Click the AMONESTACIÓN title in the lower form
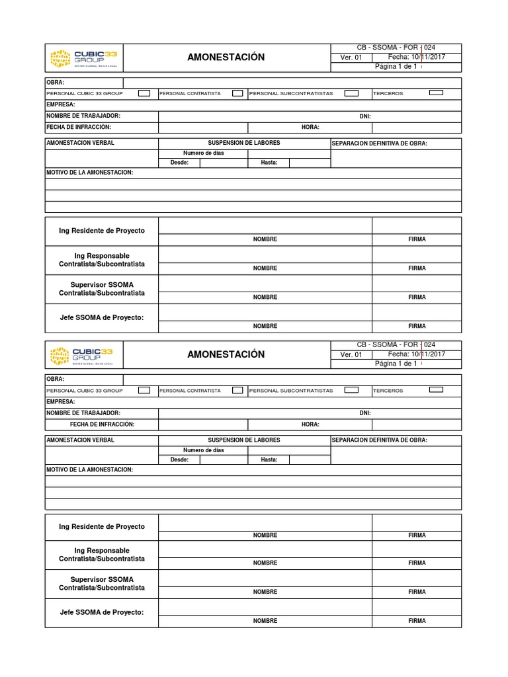click(x=226, y=354)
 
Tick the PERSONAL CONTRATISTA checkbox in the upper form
click(x=237, y=93)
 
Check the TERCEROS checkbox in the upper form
click(x=436, y=93)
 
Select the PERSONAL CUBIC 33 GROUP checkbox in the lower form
click(x=144, y=391)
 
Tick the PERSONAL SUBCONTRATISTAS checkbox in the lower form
click(x=352, y=390)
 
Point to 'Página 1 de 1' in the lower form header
click(x=396, y=364)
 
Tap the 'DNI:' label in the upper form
click(x=365, y=116)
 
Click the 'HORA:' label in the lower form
click(x=310, y=424)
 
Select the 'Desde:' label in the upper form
click(x=179, y=163)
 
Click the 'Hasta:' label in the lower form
click(x=269, y=459)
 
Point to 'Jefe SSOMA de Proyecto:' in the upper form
click(x=101, y=318)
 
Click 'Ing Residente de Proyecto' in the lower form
click(x=101, y=527)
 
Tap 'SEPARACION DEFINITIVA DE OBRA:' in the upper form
click(x=379, y=143)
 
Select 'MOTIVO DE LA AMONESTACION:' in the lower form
click(x=89, y=469)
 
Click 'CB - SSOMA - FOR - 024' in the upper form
click(x=396, y=48)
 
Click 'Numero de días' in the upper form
click(x=203, y=153)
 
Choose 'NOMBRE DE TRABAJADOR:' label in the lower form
click(x=83, y=413)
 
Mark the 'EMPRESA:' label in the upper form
click(x=60, y=104)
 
